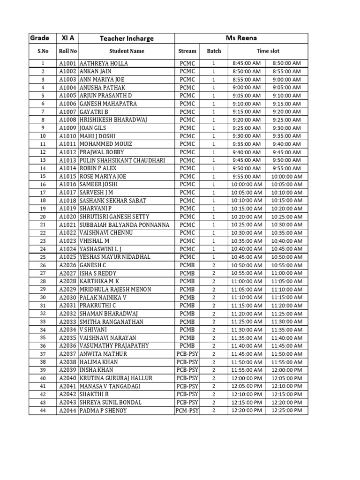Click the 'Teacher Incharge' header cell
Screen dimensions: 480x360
click(x=127, y=38)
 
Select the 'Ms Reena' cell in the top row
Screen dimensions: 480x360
click(x=241, y=38)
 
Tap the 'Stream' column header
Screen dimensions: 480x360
click(x=187, y=51)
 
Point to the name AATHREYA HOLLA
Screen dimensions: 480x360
click(x=104, y=63)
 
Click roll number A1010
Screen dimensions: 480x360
click(x=68, y=136)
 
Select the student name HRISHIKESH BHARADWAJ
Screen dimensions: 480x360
click(x=113, y=120)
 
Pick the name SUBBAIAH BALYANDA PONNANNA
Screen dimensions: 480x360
click(x=124, y=225)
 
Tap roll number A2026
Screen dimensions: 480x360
click(x=68, y=265)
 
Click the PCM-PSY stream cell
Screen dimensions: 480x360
click(x=187, y=411)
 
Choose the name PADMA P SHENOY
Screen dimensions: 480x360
click(x=103, y=411)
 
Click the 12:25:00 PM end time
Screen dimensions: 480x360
click(x=286, y=411)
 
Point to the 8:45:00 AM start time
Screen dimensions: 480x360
click(x=247, y=63)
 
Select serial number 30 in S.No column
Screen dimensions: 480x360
click(x=43, y=298)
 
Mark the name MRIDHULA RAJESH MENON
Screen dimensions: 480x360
click(x=115, y=290)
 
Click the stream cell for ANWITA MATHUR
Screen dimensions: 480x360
click(x=187, y=354)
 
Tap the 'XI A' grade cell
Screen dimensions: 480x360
click(x=68, y=38)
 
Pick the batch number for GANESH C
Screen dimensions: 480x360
click(x=214, y=265)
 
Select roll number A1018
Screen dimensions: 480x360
click(x=68, y=201)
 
